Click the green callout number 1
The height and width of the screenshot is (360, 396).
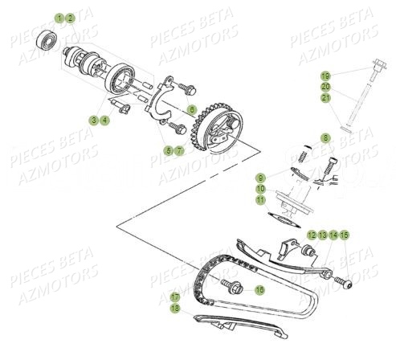point(59,17)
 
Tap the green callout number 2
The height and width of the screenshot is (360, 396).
point(70,17)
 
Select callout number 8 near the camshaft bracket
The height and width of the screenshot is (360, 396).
point(192,108)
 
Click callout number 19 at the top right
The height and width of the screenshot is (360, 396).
point(325,75)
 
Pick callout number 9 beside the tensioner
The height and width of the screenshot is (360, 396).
point(261,177)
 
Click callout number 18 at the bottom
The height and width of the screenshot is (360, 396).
point(175,308)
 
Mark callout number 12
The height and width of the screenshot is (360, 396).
point(311,235)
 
